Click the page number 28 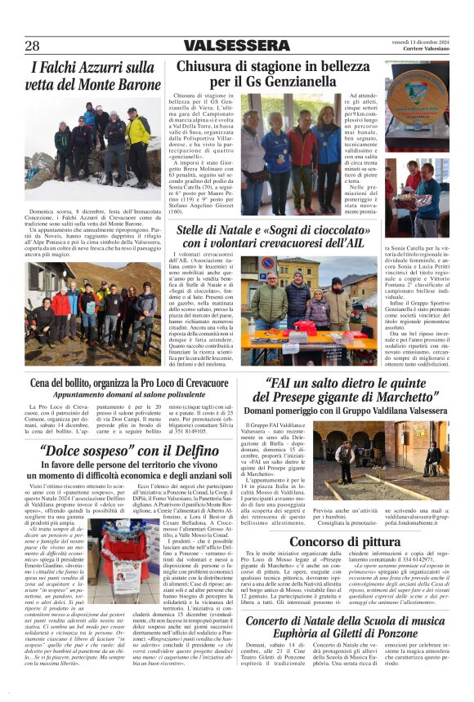click(32, 46)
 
